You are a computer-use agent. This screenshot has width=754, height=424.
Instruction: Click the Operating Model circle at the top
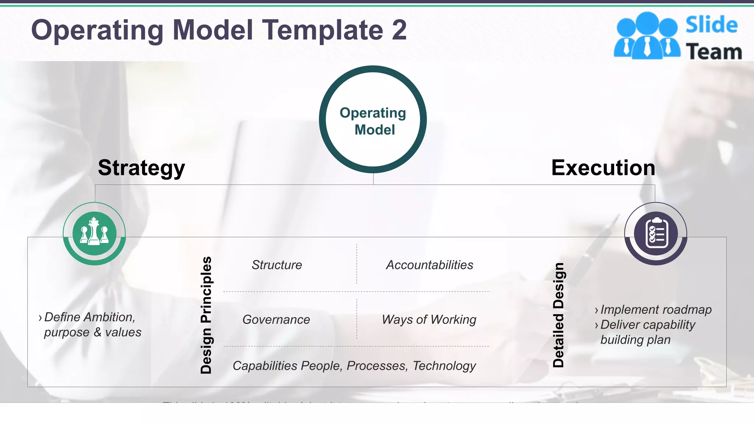(x=373, y=120)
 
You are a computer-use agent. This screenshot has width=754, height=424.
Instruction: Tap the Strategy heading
(x=141, y=168)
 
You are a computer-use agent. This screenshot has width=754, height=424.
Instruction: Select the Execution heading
(x=603, y=168)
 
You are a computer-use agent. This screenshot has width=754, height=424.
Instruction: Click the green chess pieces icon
(x=94, y=233)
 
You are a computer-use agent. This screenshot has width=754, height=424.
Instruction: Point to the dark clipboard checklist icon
(x=656, y=233)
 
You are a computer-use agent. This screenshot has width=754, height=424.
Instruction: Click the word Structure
(x=277, y=265)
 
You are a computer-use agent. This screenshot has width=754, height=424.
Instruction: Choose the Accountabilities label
(x=430, y=265)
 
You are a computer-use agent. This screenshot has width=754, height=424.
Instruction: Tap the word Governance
(x=276, y=319)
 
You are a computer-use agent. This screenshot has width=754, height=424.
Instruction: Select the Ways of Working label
(x=429, y=319)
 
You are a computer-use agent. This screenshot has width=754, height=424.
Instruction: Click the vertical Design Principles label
(x=206, y=315)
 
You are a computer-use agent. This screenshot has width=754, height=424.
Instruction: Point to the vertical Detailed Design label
(x=559, y=315)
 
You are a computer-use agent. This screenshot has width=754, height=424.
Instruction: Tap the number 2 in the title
(x=399, y=30)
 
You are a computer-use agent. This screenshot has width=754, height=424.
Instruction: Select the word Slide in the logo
(x=711, y=25)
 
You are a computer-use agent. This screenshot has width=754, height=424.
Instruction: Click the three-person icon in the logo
(x=647, y=35)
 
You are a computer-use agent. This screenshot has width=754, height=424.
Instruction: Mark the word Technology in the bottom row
(x=444, y=366)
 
